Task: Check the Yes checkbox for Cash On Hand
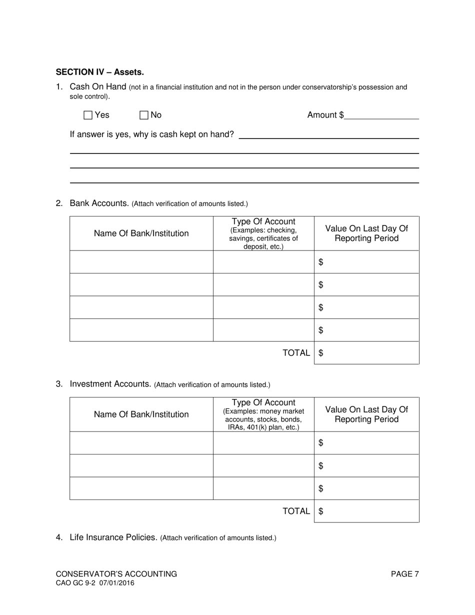[x=88, y=115]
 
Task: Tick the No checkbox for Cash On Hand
[x=144, y=115]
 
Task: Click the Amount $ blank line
[x=381, y=115]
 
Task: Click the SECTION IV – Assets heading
[x=99, y=72]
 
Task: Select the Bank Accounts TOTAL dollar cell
[x=366, y=353]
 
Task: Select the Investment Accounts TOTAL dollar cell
[x=366, y=511]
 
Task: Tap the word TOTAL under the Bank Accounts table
[x=296, y=353]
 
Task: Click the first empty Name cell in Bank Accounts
[x=141, y=262]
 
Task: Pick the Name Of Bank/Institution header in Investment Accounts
[x=141, y=414]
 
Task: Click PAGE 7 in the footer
[x=404, y=574]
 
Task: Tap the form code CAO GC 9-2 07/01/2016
[x=95, y=583]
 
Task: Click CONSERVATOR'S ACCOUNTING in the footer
[x=116, y=574]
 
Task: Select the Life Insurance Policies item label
[x=113, y=537]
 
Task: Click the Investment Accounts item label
[x=110, y=384]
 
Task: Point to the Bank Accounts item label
[x=99, y=203]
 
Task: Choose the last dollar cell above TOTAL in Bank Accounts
[x=366, y=330]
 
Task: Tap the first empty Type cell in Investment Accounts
[x=263, y=443]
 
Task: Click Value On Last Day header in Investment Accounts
[x=366, y=414]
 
